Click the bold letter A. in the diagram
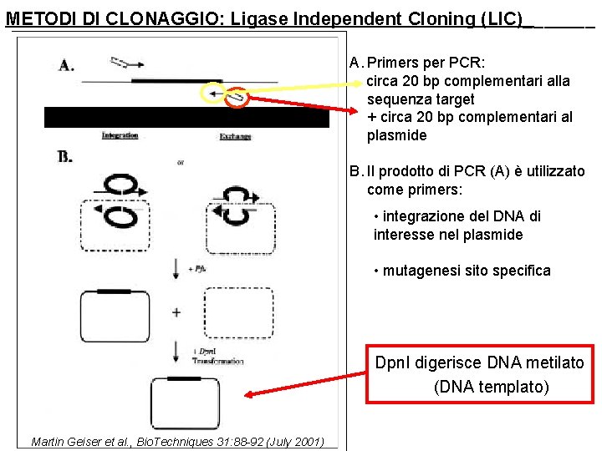(66, 66)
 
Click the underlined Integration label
(120, 135)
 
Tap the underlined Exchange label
(235, 136)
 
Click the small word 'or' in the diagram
(181, 163)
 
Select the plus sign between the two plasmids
(176, 312)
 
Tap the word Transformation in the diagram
(217, 362)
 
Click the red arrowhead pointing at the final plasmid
(251, 395)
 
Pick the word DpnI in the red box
(394, 362)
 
